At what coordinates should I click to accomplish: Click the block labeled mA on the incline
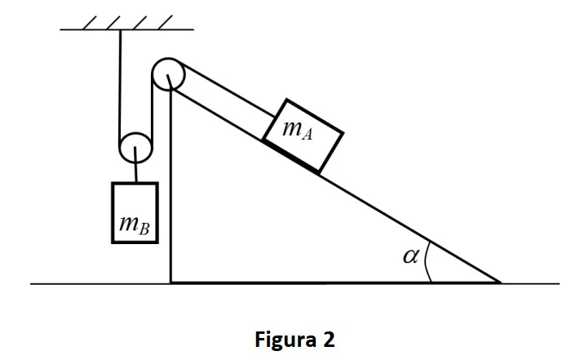(303, 136)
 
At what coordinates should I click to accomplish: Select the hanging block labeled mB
(135, 213)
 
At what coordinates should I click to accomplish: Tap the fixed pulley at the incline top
(169, 74)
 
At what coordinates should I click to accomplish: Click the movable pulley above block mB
(135, 148)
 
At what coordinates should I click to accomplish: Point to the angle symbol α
(411, 256)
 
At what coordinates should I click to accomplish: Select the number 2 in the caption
(328, 340)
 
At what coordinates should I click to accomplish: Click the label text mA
(297, 130)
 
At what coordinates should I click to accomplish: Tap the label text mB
(134, 225)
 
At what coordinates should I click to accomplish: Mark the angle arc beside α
(426, 261)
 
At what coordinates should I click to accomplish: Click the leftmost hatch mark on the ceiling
(90, 22)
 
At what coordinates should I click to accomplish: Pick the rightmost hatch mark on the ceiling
(166, 22)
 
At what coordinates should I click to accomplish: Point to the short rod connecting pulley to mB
(136, 165)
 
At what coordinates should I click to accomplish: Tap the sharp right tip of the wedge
(501, 282)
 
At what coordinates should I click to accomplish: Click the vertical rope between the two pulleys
(153, 111)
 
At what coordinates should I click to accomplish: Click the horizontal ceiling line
(126, 29)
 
